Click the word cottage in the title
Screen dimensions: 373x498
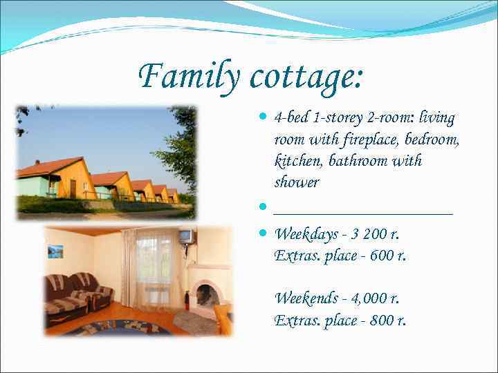pyautogui.click(x=304, y=76)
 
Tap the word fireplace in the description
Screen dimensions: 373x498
pyautogui.click(x=371, y=140)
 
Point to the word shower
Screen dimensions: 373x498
pyautogui.click(x=297, y=182)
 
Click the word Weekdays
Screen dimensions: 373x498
pyautogui.click(x=306, y=235)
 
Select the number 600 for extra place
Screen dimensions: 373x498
pyautogui.click(x=382, y=256)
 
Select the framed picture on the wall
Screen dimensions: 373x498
pyautogui.click(x=55, y=251)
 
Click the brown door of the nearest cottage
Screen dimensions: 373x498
pyautogui.click(x=73, y=189)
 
